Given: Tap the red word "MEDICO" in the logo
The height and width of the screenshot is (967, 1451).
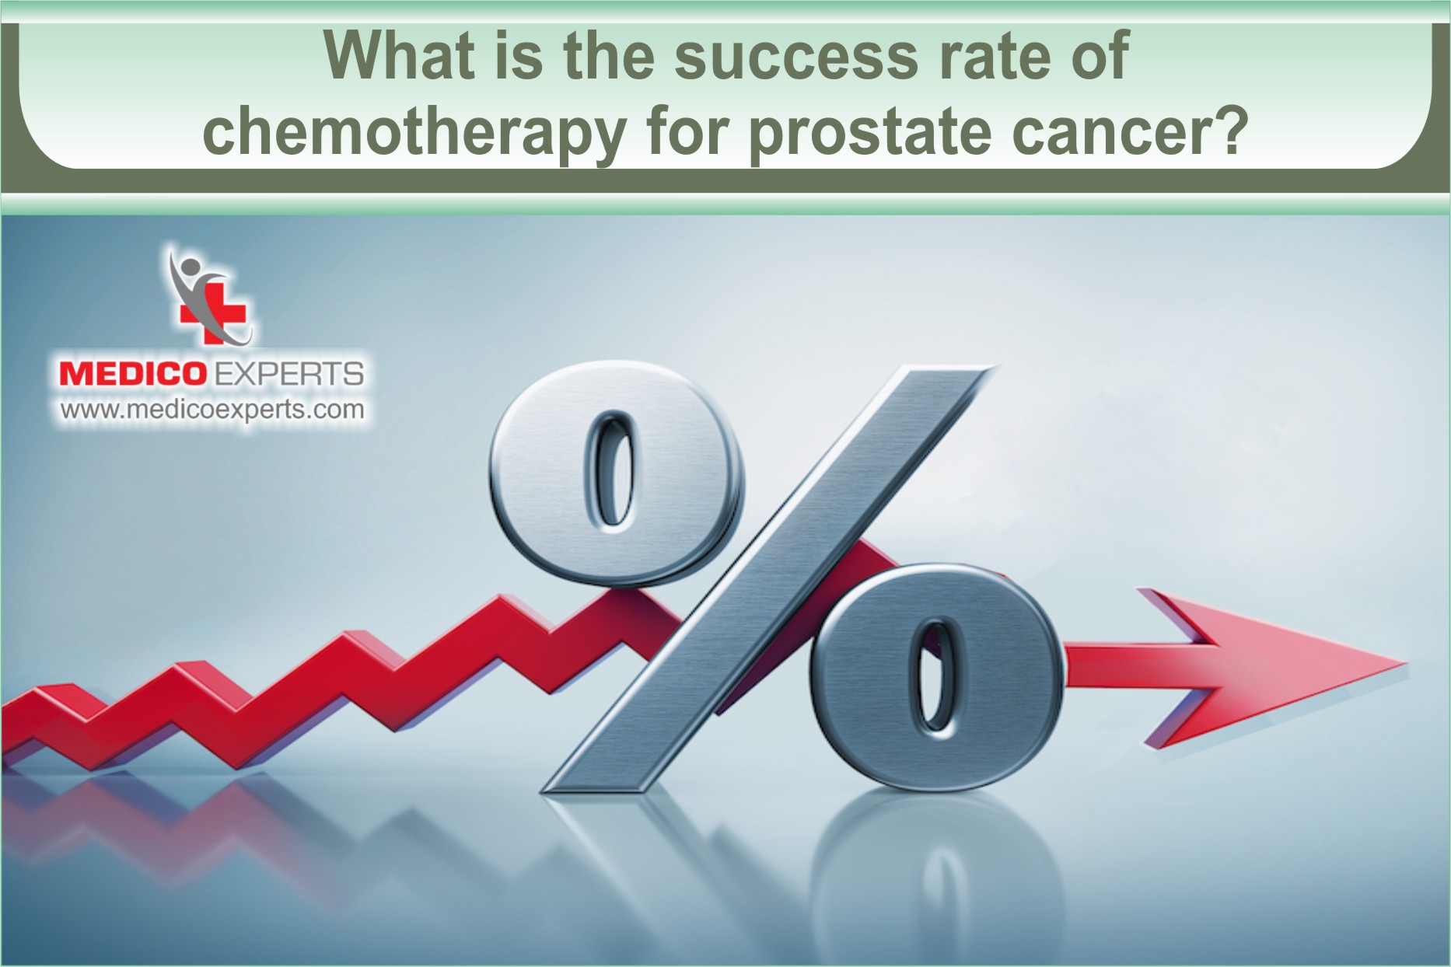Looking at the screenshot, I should click(132, 375).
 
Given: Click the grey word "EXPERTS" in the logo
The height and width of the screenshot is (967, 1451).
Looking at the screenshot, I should click(288, 375).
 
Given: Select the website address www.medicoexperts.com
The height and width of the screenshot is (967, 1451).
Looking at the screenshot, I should click(212, 410).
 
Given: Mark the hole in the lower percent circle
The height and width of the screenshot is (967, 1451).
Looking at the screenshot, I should click(936, 676).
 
